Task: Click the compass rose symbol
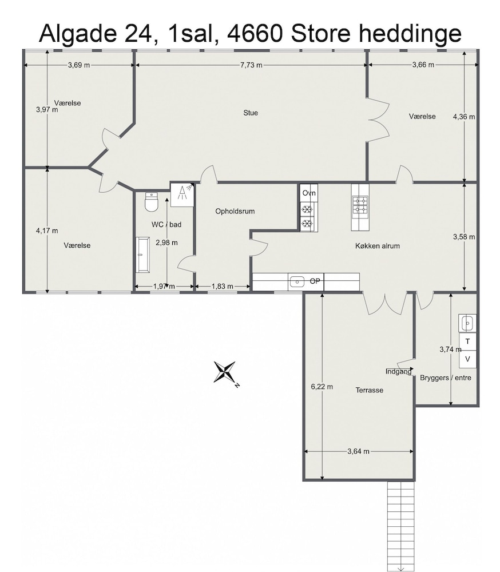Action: (225, 372)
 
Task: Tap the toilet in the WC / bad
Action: (150, 202)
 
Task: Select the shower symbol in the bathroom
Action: (182, 194)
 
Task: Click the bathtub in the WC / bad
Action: (142, 255)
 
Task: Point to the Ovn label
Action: (309, 193)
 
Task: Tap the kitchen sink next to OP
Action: (297, 281)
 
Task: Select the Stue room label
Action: (251, 113)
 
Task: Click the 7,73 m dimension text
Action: (252, 65)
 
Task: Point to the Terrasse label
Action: (370, 390)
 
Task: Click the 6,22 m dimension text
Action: (322, 387)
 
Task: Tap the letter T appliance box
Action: (467, 341)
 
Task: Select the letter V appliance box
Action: (467, 359)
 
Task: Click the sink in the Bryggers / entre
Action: (467, 323)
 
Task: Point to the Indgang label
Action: (398, 372)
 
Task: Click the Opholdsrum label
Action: (235, 211)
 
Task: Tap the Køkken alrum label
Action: (378, 246)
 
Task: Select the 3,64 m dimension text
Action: (358, 451)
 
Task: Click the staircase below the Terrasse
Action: (400, 525)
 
